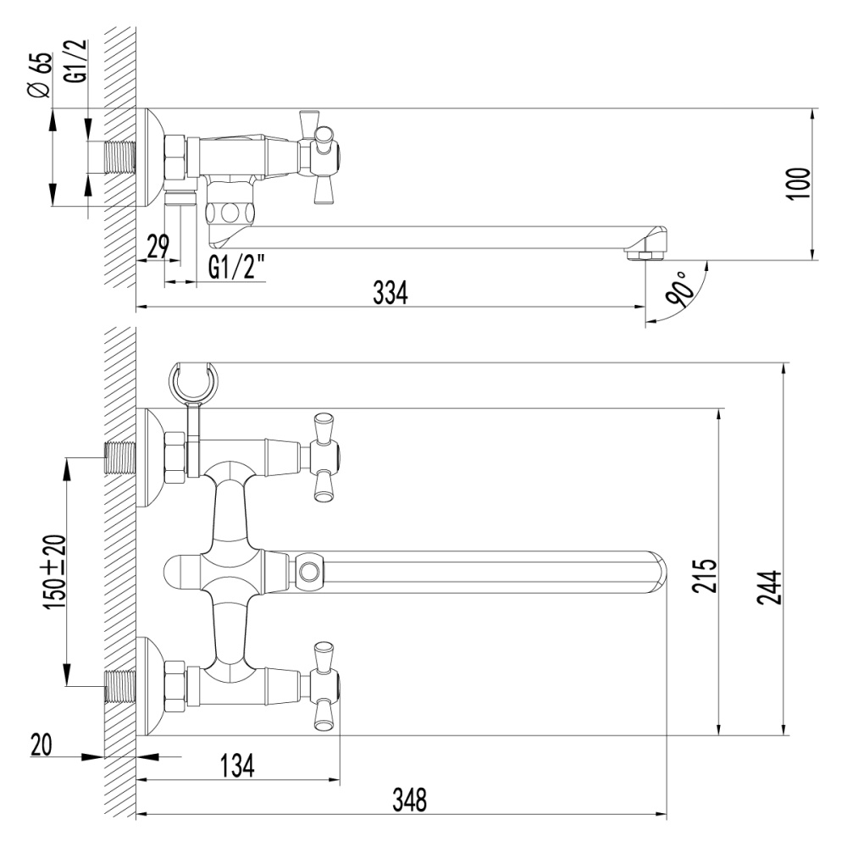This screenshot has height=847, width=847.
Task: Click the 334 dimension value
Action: pos(391,292)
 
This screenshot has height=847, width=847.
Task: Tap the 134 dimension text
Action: pos(236,767)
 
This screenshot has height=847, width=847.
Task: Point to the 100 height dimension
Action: pos(798,184)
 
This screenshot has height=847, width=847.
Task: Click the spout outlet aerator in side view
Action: pos(643,252)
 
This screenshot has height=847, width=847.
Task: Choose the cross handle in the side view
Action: pos(320,157)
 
